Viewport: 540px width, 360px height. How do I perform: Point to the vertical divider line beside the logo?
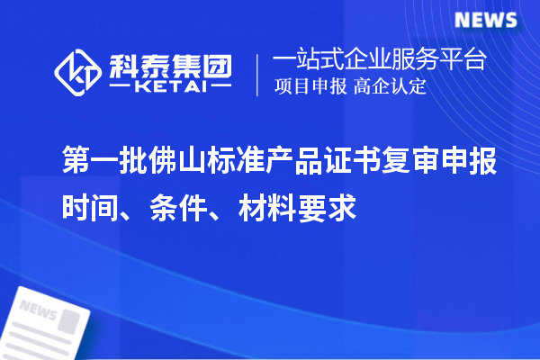258,74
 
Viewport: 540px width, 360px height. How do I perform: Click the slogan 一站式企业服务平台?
379,60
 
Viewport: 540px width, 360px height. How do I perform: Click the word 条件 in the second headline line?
177,209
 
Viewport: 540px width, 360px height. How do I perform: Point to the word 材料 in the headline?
265,209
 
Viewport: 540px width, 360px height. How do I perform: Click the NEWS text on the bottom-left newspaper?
38,311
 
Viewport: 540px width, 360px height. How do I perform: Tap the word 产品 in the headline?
294,162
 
